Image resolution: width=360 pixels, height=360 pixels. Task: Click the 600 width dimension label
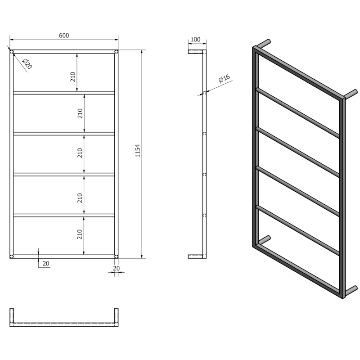click(64, 36)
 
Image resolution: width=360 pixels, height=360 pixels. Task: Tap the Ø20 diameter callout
click(27, 64)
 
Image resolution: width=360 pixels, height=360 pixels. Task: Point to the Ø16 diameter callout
click(224, 80)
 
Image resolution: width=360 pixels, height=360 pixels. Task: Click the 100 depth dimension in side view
click(195, 40)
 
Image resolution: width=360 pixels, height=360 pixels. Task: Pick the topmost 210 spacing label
click(72, 77)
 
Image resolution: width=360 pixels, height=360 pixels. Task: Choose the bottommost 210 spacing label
click(79, 234)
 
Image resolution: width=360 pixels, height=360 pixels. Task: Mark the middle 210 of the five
click(79, 153)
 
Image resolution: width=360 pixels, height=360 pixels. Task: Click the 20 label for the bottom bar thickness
click(45, 264)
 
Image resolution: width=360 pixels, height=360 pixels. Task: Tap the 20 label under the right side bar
click(116, 268)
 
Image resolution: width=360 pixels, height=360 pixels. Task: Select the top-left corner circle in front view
click(12, 52)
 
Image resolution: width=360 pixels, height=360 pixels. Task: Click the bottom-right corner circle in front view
click(116, 256)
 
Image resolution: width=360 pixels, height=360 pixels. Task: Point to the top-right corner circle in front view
click(116, 52)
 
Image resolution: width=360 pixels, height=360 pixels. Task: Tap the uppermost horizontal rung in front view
click(64, 93)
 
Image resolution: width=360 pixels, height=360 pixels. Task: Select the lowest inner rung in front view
click(64, 215)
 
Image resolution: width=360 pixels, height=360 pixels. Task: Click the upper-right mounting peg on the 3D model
click(351, 94)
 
